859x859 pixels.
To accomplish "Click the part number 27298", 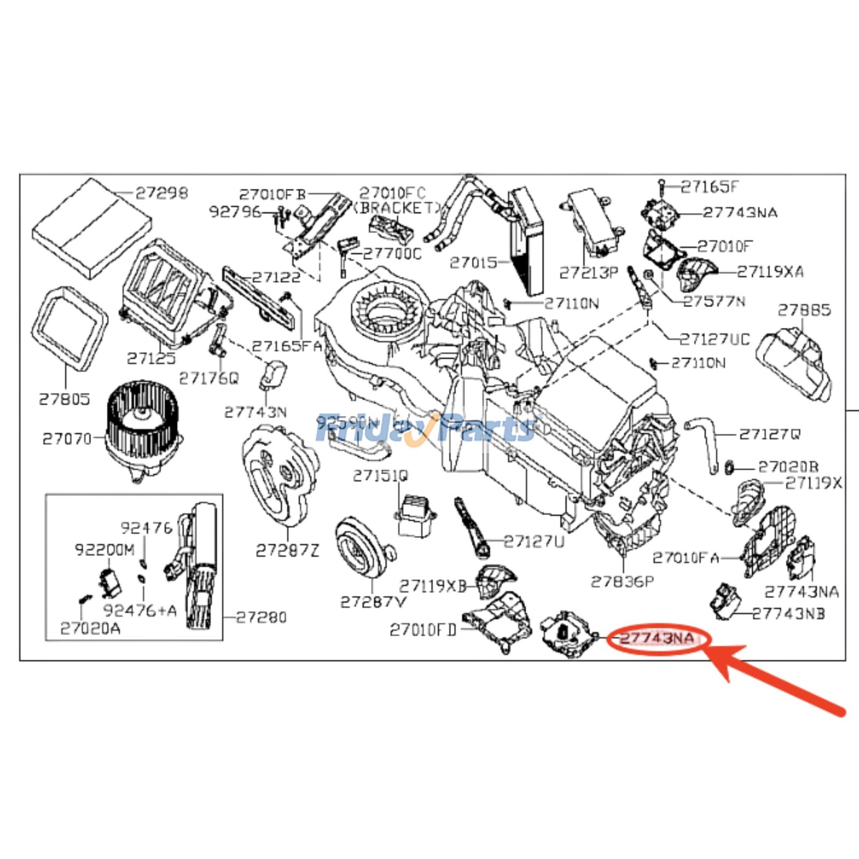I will (162, 193).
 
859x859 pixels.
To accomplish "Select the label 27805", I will (64, 399).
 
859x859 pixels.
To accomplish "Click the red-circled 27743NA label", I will (658, 639).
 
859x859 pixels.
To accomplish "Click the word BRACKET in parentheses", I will (398, 208).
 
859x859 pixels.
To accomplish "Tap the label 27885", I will (804, 310).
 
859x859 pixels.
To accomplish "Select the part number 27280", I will (261, 617).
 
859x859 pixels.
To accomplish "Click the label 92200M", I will (105, 550).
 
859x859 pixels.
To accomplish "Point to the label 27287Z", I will (287, 550).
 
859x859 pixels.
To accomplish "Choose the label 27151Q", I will (381, 476).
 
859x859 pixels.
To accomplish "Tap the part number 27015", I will (474, 263).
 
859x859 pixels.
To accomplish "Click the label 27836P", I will (622, 581).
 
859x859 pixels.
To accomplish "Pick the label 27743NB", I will (788, 614).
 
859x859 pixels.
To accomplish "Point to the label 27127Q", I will (769, 434).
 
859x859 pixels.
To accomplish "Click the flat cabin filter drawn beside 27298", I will (91, 229).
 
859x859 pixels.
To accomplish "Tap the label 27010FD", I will (423, 630).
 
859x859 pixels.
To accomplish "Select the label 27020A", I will (90, 628).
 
